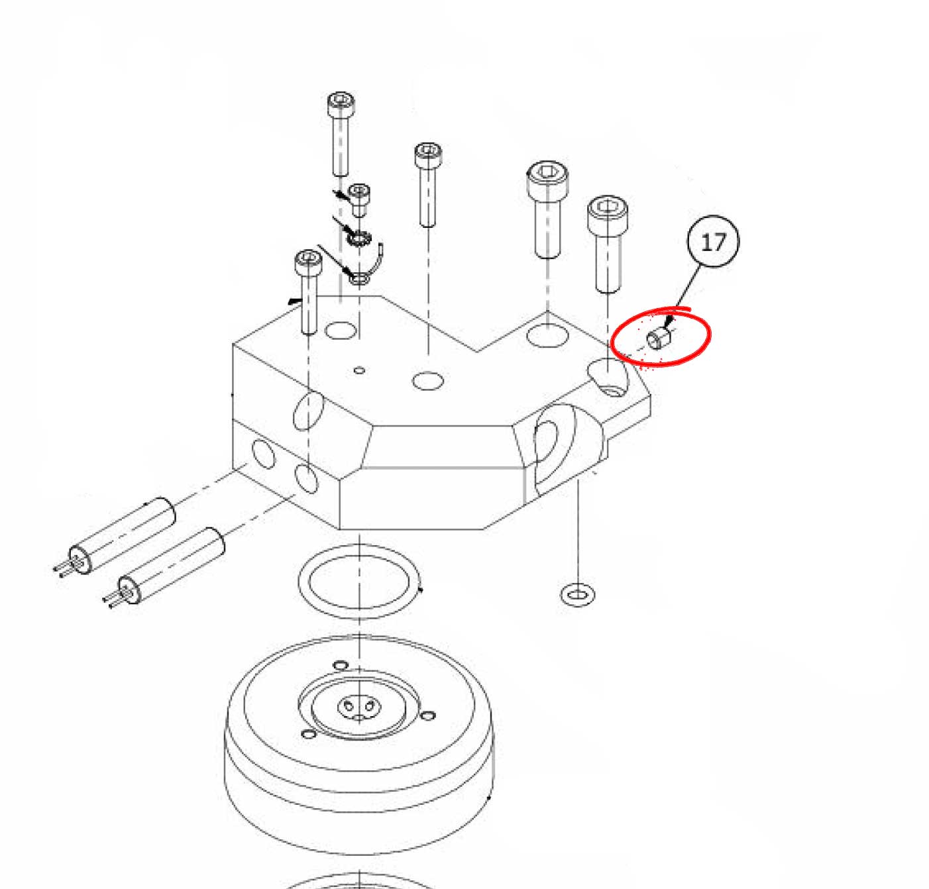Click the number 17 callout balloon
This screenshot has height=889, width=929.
(x=713, y=242)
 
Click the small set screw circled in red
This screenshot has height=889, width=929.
(x=659, y=339)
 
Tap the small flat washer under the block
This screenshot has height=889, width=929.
(x=577, y=595)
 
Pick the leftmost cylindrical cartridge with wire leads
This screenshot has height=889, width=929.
(x=115, y=537)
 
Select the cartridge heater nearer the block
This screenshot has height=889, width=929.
(x=164, y=567)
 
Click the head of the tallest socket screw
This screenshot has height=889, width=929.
(x=341, y=103)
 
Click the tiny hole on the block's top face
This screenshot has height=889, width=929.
(x=360, y=370)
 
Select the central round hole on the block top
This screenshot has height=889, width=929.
(x=428, y=381)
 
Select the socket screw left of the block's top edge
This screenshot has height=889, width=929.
(x=308, y=291)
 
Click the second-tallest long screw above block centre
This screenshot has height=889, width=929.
(x=428, y=184)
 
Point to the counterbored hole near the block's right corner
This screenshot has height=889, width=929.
(x=608, y=377)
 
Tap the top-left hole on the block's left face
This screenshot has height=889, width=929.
(x=264, y=453)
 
